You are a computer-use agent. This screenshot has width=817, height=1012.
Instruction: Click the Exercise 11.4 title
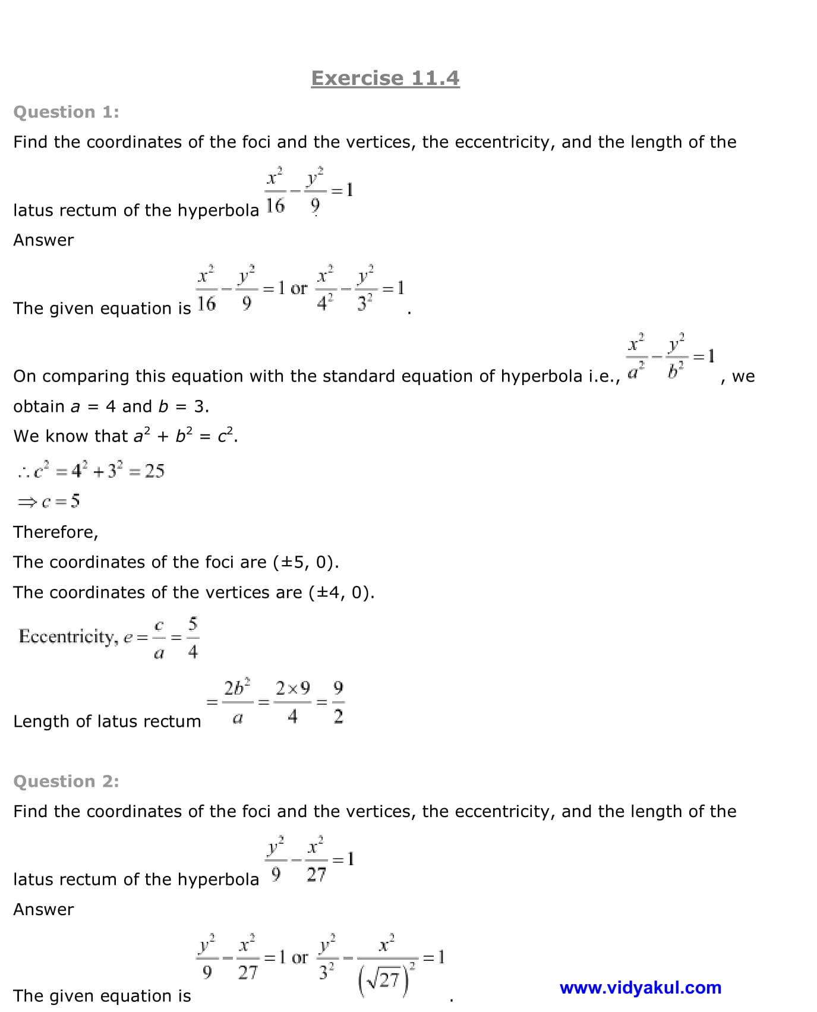point(385,78)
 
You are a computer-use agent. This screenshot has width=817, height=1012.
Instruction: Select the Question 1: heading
point(66,112)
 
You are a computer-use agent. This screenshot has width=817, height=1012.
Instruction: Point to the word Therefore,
point(56,532)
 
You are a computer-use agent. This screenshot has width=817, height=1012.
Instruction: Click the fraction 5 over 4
point(193,638)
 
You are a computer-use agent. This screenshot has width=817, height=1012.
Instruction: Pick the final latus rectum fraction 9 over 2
point(338,702)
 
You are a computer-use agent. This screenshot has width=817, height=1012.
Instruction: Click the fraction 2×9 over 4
point(292,702)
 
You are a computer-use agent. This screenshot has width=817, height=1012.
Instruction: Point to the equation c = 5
point(49,501)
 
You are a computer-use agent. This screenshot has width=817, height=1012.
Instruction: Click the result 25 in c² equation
point(154,471)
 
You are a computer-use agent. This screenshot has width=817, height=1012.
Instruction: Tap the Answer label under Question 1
point(43,240)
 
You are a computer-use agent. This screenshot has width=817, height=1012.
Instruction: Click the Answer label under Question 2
point(43,909)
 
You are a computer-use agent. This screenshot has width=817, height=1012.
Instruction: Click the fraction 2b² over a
point(237,702)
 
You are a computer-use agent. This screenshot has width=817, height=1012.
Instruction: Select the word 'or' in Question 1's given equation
point(299,289)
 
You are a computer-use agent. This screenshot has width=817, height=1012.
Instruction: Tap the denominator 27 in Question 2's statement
point(316,874)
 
